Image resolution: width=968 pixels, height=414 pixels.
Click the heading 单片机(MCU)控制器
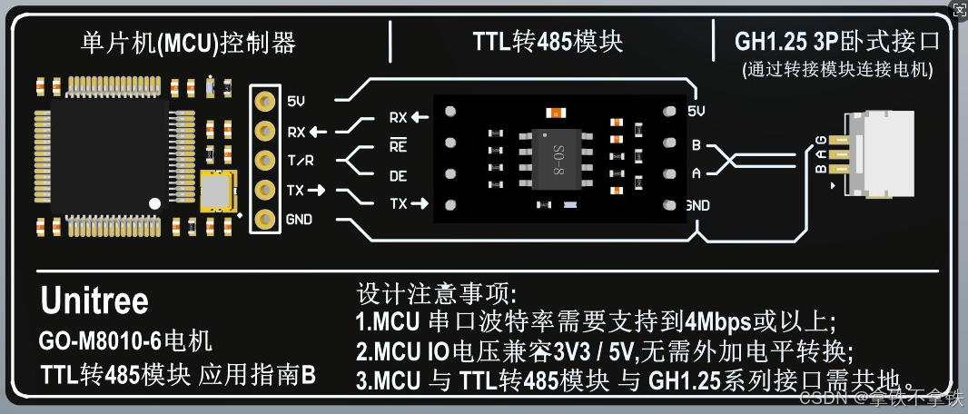pos(188,43)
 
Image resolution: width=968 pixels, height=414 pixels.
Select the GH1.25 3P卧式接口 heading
pos(836,42)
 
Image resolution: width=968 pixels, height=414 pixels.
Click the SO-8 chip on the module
pos(556,160)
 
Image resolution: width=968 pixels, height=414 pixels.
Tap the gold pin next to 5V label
pos(265,102)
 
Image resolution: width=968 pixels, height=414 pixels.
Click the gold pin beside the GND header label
pos(265,219)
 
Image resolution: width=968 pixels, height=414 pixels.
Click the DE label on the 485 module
pos(398,175)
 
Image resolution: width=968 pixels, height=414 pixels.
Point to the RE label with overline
pos(398,146)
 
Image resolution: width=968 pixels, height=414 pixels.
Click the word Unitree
pos(94,301)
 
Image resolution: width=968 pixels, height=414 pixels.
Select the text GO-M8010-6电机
pos(125,342)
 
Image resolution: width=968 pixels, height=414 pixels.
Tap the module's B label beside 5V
pos(696,144)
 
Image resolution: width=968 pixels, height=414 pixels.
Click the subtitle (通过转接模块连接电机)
pos(836,69)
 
